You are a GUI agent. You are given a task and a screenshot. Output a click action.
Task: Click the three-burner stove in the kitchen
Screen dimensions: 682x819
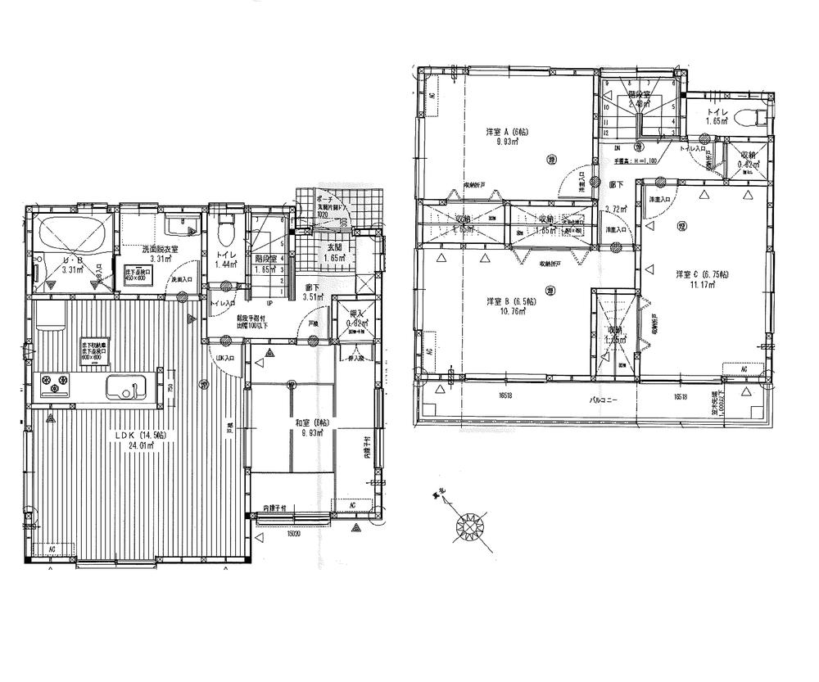click(x=57, y=382)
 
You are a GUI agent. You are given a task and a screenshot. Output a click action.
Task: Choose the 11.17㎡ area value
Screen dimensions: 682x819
click(x=702, y=285)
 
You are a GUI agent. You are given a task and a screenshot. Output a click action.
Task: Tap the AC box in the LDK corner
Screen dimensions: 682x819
click(x=51, y=549)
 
